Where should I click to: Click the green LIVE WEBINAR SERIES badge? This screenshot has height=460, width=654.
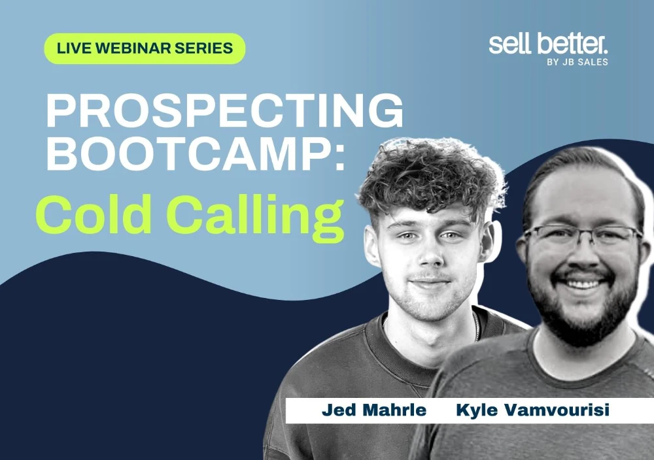(x=145, y=48)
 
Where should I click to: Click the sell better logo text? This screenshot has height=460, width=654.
(x=548, y=44)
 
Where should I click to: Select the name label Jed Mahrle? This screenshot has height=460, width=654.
(x=373, y=410)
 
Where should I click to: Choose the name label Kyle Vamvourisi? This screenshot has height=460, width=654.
(x=532, y=410)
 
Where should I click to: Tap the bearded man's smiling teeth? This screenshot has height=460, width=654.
(x=584, y=284)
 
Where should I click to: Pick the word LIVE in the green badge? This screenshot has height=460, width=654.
(x=73, y=48)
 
